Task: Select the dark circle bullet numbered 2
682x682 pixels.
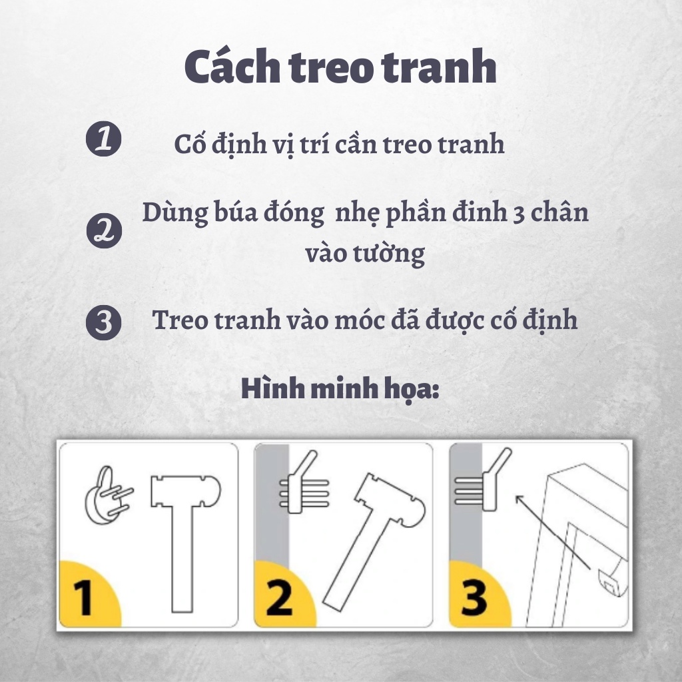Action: point(105,230)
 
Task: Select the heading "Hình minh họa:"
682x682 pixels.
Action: point(340,389)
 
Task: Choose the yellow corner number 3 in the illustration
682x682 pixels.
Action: point(474,597)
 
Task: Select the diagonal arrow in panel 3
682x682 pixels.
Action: point(552,531)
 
